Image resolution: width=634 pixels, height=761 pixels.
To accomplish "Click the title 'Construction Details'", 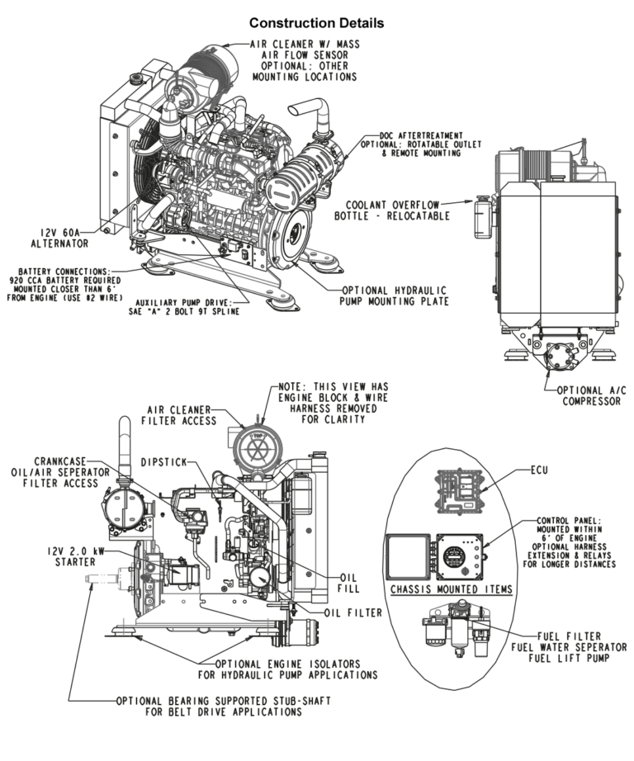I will [x=316, y=22].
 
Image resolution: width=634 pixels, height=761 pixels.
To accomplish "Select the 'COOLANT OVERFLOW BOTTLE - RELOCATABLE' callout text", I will [x=392, y=210].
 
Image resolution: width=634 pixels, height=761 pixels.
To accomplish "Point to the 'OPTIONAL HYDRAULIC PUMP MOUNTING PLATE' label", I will [x=395, y=296].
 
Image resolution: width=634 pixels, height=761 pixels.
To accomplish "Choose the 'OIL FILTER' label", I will [x=352, y=612].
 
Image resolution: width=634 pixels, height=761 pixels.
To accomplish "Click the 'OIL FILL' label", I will [x=341, y=584].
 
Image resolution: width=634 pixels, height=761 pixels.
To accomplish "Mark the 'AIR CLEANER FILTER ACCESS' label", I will [x=181, y=414].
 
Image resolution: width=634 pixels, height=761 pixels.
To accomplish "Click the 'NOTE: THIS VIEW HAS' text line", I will [x=327, y=386].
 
